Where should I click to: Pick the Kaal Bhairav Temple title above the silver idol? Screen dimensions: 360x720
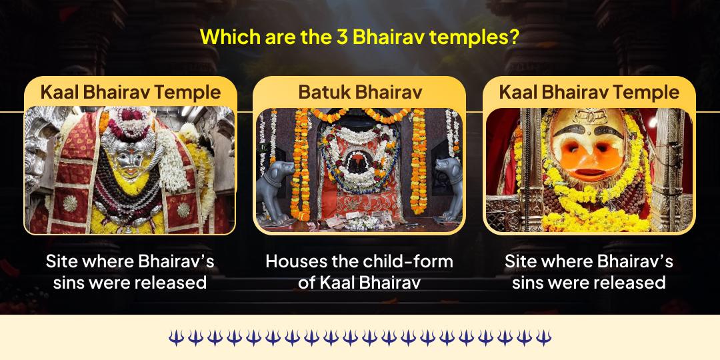(x=130, y=92)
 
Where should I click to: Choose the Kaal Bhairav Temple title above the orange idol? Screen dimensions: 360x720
(x=589, y=92)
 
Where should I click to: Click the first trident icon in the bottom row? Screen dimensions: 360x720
(x=175, y=337)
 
